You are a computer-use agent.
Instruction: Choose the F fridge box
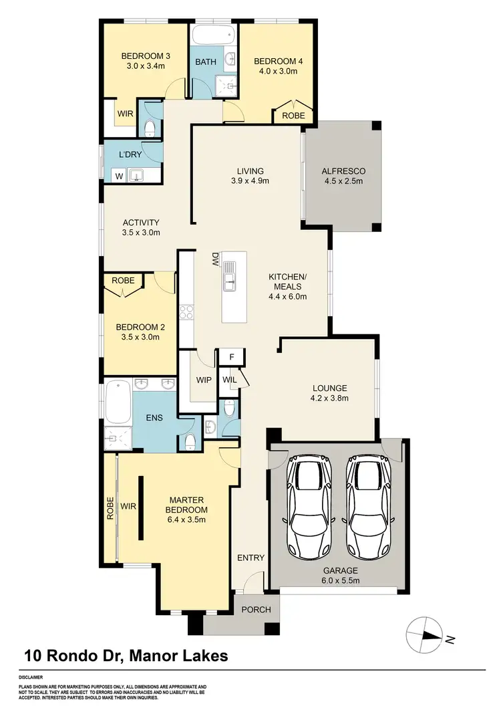click(232, 357)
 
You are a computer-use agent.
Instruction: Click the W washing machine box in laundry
click(119, 176)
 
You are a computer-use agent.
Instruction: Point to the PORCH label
click(255, 609)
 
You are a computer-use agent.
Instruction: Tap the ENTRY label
click(251, 558)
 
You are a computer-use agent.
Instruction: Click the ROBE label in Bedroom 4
click(294, 116)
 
